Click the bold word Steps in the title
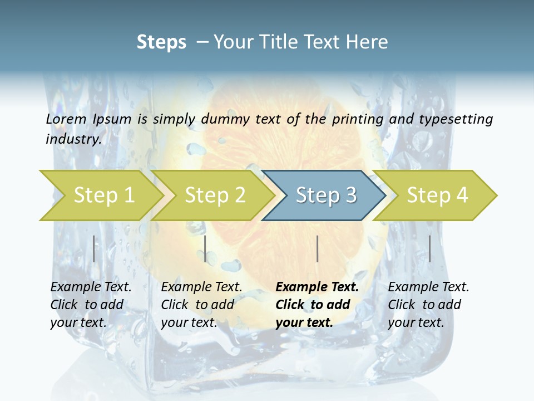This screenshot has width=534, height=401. [x=161, y=42]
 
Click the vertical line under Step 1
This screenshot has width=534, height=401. [x=94, y=248]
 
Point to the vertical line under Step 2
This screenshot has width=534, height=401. [x=205, y=248]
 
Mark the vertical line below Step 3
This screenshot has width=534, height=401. [x=317, y=248]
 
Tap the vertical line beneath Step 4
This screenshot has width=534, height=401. [x=430, y=248]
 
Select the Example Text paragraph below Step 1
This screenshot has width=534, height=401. [x=91, y=305]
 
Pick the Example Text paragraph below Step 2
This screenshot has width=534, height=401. [x=201, y=305]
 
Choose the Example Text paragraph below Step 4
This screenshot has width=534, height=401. [x=428, y=305]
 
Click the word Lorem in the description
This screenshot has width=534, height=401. [x=66, y=119]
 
